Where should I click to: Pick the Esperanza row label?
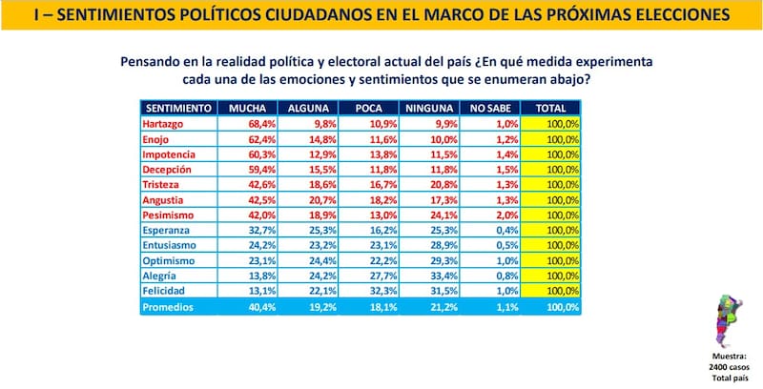coord(166,230)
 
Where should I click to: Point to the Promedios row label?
coord(168,306)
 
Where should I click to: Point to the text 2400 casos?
coord(729,366)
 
